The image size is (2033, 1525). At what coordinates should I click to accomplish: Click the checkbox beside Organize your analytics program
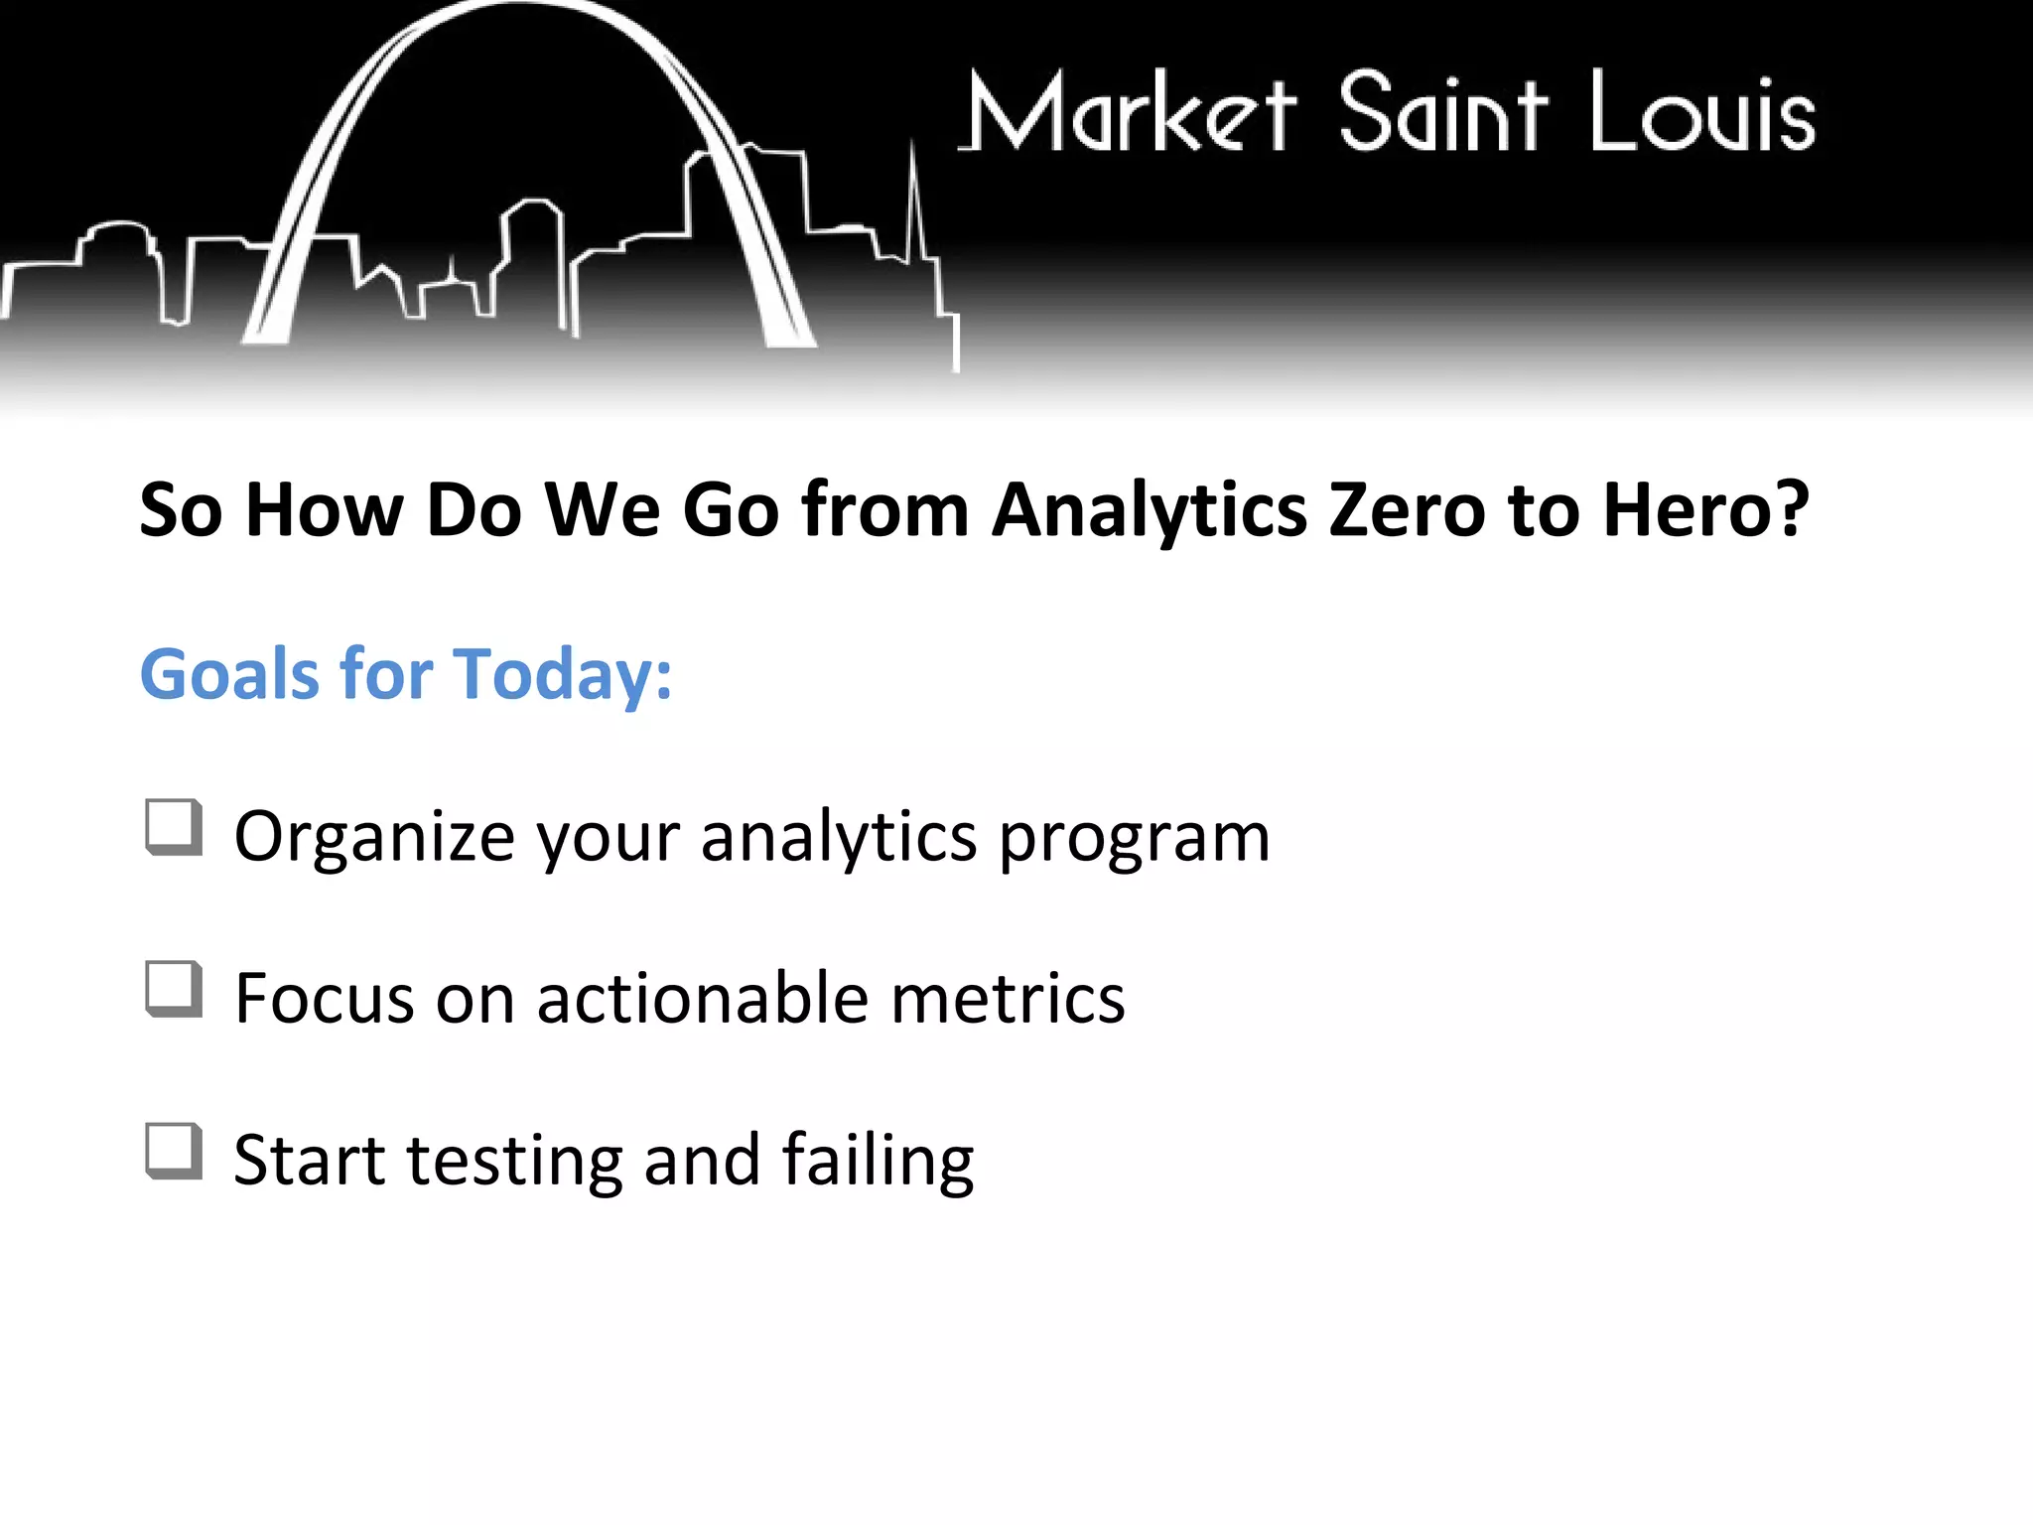pyautogui.click(x=174, y=827)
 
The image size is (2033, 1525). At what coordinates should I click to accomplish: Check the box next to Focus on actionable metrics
pyautogui.click(x=174, y=989)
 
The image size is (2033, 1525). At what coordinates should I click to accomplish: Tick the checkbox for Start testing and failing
pyautogui.click(x=174, y=1152)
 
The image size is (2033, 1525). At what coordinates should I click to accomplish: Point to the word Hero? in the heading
pyautogui.click(x=1706, y=509)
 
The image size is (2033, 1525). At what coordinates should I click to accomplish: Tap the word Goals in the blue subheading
pyautogui.click(x=229, y=674)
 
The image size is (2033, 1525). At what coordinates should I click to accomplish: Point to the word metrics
pyautogui.click(x=1008, y=998)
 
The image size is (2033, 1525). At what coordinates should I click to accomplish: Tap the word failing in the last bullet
pyautogui.click(x=878, y=1161)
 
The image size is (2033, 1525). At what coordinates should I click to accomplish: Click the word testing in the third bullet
pyautogui.click(x=514, y=1161)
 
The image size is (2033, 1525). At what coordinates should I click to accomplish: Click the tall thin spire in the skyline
pyautogui.click(x=914, y=199)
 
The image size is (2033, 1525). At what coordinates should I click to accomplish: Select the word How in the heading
pyautogui.click(x=324, y=509)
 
